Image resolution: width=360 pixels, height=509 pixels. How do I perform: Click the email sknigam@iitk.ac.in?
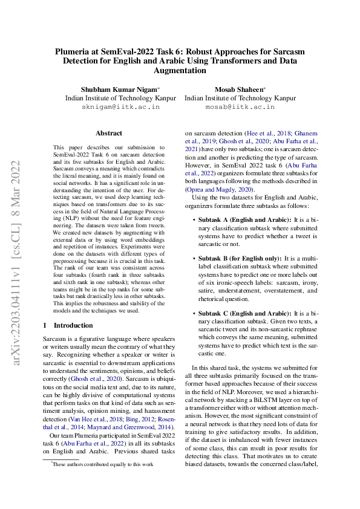pyautogui.click(x=121, y=106)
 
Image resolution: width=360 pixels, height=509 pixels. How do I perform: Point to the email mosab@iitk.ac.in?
pyautogui.click(x=240, y=106)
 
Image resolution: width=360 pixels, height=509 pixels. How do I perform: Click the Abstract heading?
pyautogui.click(x=109, y=133)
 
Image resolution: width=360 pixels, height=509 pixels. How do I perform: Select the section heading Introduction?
pyautogui.click(x=73, y=325)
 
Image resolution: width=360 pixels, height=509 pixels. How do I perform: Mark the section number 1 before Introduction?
pyautogui.click(x=45, y=325)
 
